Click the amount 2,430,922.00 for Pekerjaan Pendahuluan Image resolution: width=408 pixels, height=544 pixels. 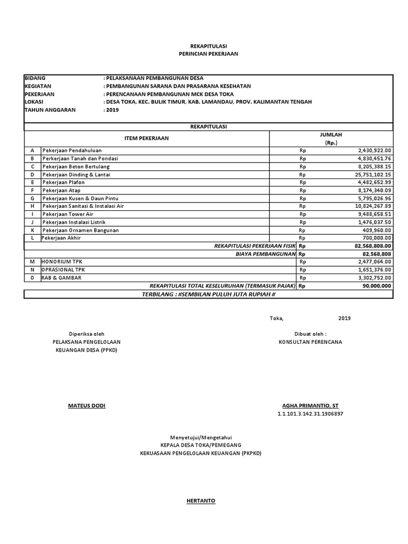(x=375, y=150)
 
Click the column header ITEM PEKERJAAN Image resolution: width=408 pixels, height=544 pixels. (x=146, y=139)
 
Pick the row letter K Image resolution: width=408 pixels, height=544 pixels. (x=32, y=230)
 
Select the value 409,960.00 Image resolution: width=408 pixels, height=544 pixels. (x=378, y=230)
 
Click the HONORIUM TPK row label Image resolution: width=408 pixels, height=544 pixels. (x=63, y=262)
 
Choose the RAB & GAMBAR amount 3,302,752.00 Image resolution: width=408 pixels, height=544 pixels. (x=375, y=277)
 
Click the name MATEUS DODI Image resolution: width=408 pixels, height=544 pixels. (x=87, y=406)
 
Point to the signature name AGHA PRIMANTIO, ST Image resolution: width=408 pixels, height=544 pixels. (x=310, y=406)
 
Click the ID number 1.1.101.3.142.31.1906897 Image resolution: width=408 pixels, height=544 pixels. (x=310, y=414)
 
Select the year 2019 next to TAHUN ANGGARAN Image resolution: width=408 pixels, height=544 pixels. (x=112, y=110)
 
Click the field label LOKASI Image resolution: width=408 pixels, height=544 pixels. (x=33, y=102)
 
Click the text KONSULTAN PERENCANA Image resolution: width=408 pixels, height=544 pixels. (x=311, y=342)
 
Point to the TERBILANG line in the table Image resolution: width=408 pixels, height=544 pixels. (x=208, y=294)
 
